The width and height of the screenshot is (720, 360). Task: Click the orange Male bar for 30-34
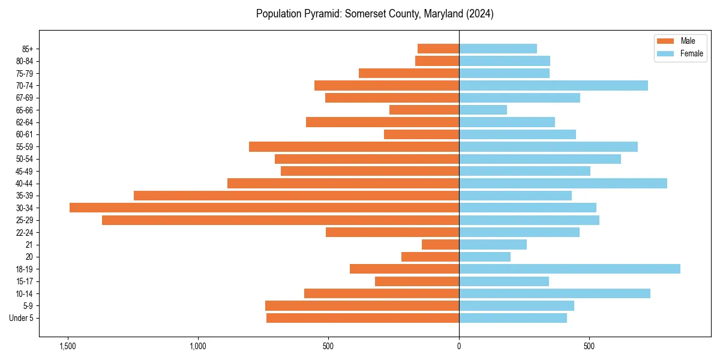point(264,208)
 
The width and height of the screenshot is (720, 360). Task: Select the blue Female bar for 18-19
point(569,269)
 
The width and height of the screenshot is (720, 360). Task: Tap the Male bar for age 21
point(440,244)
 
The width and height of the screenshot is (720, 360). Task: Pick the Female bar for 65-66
point(483,110)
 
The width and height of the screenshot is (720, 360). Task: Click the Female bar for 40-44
point(563,183)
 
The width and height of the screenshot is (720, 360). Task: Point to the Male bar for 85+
point(438,49)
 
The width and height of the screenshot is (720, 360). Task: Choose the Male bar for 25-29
point(280,220)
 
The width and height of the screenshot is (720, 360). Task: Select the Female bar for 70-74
point(553,85)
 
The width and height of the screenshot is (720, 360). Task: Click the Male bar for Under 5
point(362,318)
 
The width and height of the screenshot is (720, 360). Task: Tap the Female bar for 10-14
point(554,293)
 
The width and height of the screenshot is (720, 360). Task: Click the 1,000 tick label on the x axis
point(198,346)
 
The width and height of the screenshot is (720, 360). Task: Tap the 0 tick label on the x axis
point(459,346)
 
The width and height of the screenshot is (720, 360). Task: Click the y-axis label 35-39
point(25,196)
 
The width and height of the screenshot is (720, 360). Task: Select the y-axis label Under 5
point(22,318)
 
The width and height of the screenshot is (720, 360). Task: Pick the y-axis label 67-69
point(25,98)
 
